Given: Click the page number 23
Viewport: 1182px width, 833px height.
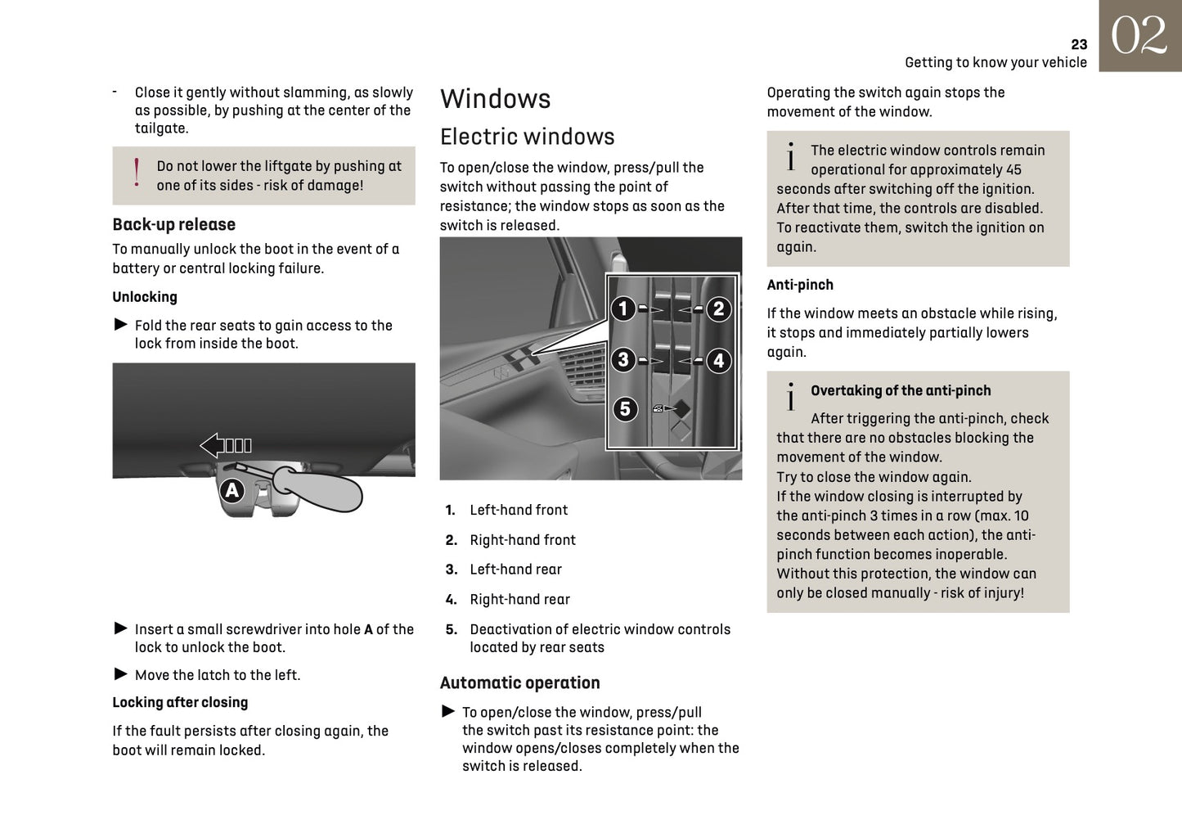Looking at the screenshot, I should [x=1079, y=45].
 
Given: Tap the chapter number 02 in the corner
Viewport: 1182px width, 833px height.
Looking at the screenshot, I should [x=1139, y=37].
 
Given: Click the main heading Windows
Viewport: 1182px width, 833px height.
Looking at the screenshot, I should [x=495, y=99].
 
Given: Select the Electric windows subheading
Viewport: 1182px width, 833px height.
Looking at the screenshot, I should [x=527, y=137].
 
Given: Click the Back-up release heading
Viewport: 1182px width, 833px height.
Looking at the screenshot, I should [x=173, y=224].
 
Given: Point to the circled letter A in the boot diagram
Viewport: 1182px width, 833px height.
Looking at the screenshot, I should [x=232, y=490].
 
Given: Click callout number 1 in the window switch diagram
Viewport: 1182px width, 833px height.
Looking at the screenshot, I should [x=623, y=308].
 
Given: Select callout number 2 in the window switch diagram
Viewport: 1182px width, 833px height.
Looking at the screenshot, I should [x=718, y=308].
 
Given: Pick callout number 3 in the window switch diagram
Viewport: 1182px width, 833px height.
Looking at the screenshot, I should [x=623, y=360].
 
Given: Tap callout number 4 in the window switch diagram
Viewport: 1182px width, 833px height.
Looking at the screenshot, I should [x=718, y=360].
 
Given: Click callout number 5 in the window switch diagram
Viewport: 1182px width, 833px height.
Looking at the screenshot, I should [x=625, y=408].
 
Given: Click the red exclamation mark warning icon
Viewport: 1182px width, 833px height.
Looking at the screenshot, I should [x=137, y=173].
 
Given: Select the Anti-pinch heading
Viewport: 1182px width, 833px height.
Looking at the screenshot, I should [x=800, y=285].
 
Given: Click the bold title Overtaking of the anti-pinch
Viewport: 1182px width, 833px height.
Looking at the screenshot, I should [x=900, y=391].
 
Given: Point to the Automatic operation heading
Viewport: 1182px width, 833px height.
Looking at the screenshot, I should [x=519, y=682].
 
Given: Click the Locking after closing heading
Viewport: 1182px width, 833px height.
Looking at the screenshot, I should [x=180, y=702].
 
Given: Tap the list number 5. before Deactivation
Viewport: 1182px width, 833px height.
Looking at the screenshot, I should [x=451, y=629].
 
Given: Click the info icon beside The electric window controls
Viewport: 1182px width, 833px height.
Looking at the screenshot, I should [x=790, y=156].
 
